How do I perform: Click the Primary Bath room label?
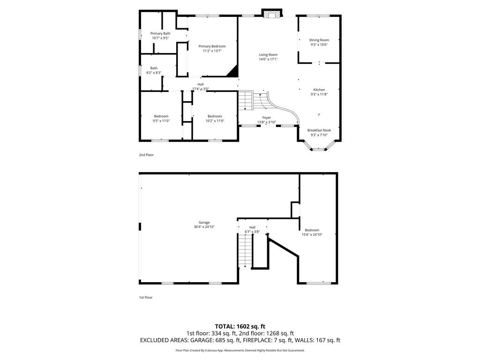tap(160, 33)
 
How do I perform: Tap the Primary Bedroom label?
tap(212, 46)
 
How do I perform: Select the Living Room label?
tap(268, 55)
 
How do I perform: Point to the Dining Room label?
tap(319, 40)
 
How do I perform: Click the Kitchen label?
tap(319, 90)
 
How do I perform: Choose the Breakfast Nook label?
tap(319, 130)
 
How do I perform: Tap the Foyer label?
tap(266, 117)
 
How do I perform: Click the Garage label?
tap(204, 222)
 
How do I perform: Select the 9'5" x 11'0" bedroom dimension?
tap(161, 121)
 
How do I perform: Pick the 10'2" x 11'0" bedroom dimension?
tap(215, 121)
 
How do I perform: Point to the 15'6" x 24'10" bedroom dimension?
tap(312, 234)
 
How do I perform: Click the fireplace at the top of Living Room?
tap(271, 14)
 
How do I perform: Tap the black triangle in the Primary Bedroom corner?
tap(232, 71)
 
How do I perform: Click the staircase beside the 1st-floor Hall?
tap(245, 251)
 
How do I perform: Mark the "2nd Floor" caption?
tap(146, 155)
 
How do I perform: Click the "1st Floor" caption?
tap(146, 297)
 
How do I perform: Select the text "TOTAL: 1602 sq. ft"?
tap(240, 326)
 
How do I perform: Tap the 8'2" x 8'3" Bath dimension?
tap(154, 73)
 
